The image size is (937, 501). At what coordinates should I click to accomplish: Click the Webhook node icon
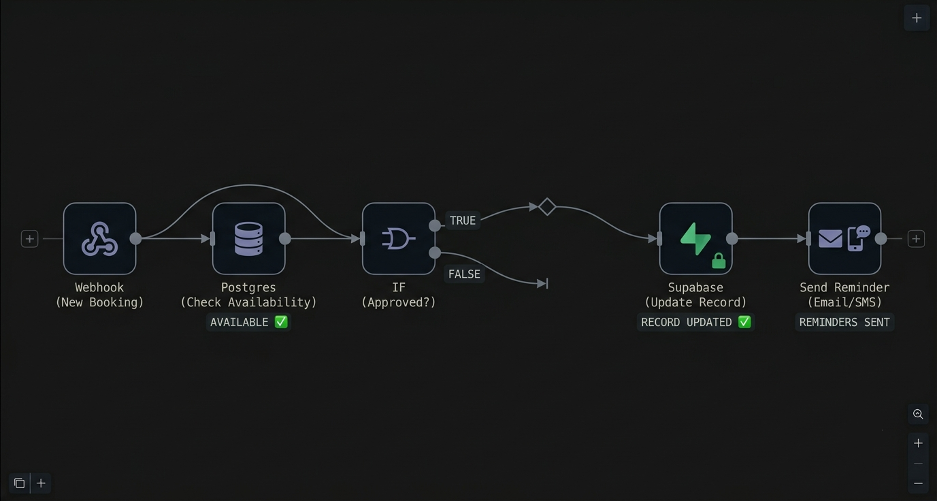(x=99, y=238)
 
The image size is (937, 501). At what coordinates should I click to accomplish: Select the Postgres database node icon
(x=248, y=238)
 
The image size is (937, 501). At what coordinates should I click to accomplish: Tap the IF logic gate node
(x=398, y=238)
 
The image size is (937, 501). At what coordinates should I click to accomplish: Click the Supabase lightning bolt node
(x=695, y=238)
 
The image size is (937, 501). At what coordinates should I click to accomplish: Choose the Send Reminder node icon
(x=844, y=238)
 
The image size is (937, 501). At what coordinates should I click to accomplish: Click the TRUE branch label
(x=463, y=221)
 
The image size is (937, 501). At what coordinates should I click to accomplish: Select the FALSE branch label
(x=464, y=274)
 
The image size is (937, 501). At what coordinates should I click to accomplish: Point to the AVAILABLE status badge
(x=248, y=322)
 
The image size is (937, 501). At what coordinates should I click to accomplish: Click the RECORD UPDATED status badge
(x=695, y=322)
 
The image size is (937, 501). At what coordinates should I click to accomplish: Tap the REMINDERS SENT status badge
(x=844, y=322)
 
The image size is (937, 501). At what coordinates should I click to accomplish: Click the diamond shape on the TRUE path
(x=547, y=207)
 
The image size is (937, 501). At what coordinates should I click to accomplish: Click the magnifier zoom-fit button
(x=918, y=414)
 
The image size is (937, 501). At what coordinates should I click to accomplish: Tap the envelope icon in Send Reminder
(x=830, y=238)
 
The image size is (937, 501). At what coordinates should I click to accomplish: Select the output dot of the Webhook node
(x=135, y=238)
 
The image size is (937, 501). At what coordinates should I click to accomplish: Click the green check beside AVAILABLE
(x=281, y=322)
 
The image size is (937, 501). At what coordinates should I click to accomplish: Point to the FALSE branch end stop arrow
(x=543, y=284)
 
